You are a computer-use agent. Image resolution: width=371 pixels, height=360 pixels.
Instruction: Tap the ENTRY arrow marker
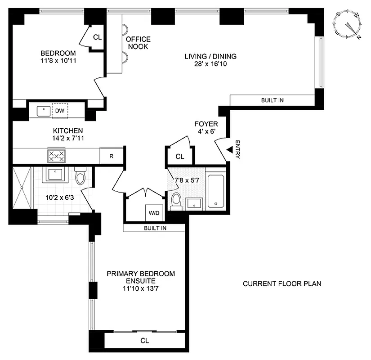pos(229,149)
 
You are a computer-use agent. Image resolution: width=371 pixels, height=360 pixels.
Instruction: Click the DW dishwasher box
pos(59,110)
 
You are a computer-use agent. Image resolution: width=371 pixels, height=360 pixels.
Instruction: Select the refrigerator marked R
pos(111,156)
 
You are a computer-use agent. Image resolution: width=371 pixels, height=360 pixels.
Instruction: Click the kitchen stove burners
pos(56,156)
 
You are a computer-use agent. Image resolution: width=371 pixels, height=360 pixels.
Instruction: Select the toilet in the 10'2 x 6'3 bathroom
pos(81,177)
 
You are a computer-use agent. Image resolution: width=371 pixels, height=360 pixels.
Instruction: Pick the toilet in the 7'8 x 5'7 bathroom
pos(176,201)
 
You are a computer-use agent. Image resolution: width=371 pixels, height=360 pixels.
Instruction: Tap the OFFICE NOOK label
pos(138,43)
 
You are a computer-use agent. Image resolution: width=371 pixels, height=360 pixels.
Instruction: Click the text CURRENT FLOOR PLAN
pos(282,284)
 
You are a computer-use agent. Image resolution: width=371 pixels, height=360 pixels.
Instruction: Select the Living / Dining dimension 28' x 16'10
pos(210,64)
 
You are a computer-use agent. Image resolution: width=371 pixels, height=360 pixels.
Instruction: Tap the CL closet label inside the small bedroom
pos(97,38)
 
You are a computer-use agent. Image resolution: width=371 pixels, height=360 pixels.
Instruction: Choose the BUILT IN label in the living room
pos(272,100)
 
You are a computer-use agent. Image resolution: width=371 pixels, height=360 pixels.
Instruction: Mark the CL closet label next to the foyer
pos(180,157)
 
